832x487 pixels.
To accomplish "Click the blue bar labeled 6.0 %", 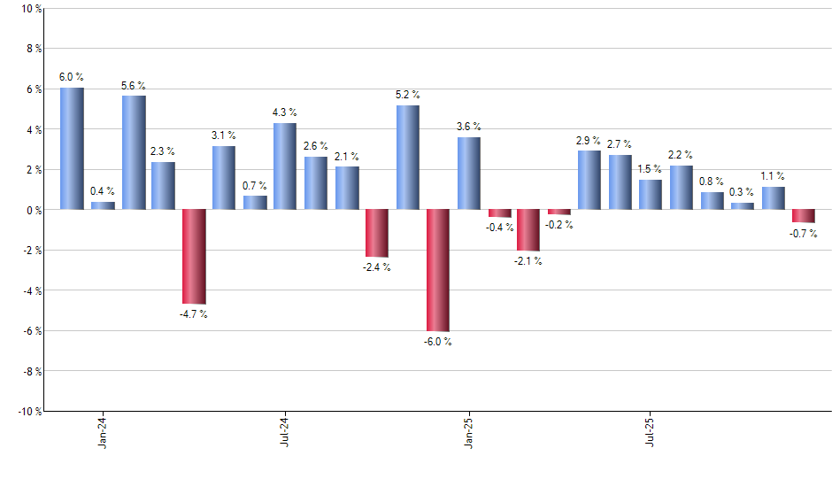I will (x=72, y=149).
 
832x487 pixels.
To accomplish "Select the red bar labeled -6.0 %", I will (x=437, y=270).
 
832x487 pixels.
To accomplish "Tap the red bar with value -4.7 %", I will (x=194, y=257).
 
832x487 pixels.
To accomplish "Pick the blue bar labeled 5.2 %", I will (x=407, y=158).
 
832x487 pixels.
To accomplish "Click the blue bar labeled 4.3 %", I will (x=285, y=166).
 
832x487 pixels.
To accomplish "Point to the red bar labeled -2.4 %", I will (x=376, y=233).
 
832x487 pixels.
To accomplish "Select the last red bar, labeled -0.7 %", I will (x=803, y=216).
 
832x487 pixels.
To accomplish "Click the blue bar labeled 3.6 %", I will (x=468, y=174).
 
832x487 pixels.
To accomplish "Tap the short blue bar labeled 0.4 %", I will (x=103, y=205).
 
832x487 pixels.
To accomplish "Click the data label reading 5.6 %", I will (x=133, y=86).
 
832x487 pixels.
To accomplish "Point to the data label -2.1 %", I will (x=528, y=261).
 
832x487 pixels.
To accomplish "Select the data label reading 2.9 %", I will (x=589, y=141).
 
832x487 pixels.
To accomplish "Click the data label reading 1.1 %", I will (x=773, y=176).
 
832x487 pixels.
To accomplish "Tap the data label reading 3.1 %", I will (x=224, y=135).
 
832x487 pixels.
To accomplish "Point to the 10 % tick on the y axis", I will (x=30, y=9).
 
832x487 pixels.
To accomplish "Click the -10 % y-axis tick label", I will (x=27, y=411).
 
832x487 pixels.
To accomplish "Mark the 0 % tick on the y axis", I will (x=33, y=210).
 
